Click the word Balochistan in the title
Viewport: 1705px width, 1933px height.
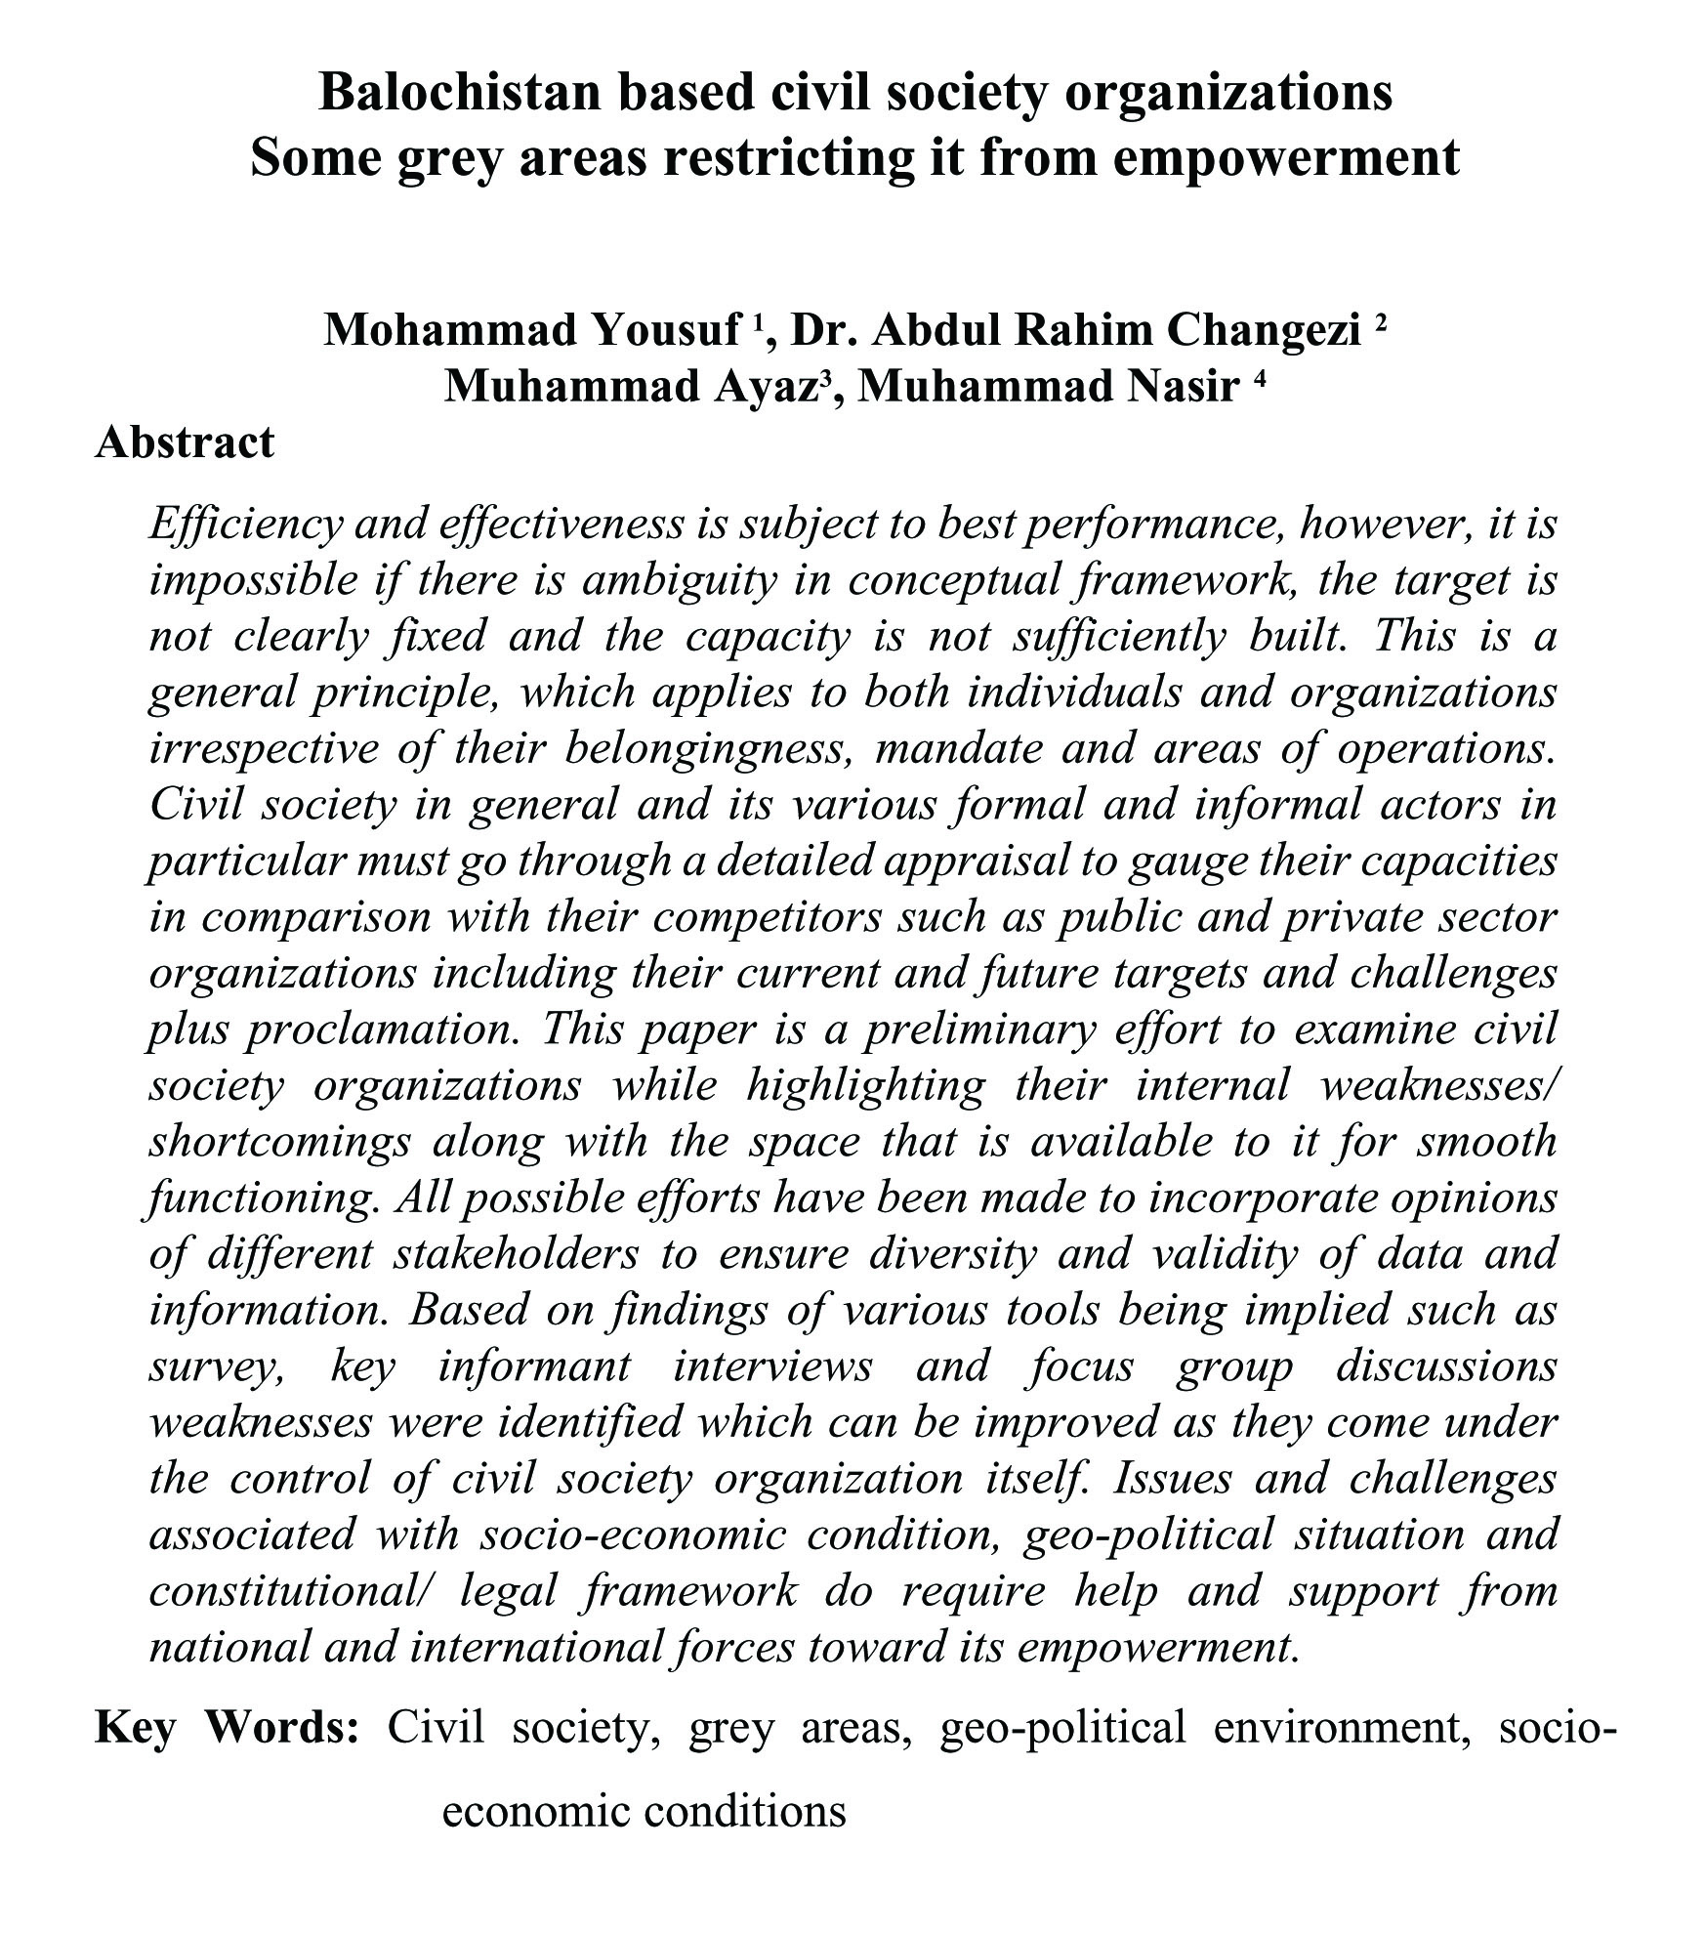tap(455, 94)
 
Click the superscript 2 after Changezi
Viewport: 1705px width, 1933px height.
tap(1380, 322)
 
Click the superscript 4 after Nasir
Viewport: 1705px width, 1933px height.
tap(1259, 379)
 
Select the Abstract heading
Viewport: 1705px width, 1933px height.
tap(185, 442)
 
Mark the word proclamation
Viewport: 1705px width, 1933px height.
tap(380, 1030)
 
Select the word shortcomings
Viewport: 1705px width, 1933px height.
tap(279, 1142)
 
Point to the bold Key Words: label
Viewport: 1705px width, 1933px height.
tap(227, 1727)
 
